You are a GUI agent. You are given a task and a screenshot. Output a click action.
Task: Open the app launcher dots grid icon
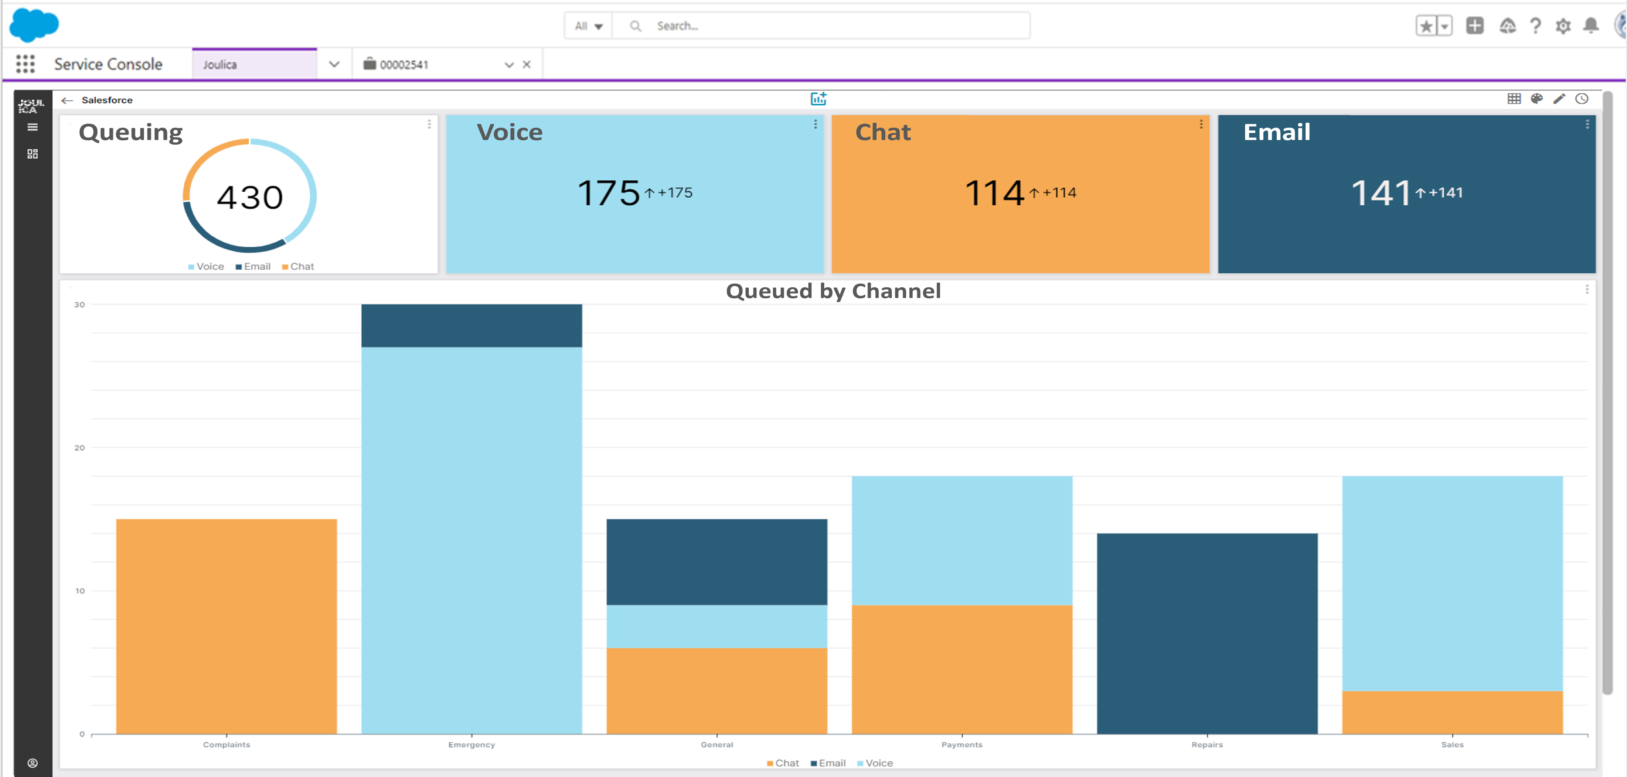click(25, 64)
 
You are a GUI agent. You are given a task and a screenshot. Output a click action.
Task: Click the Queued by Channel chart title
click(833, 291)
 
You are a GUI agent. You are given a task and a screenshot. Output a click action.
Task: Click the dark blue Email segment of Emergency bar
click(471, 326)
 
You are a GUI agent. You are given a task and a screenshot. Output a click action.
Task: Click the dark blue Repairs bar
click(1206, 633)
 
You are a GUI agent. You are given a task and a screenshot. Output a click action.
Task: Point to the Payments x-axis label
click(961, 745)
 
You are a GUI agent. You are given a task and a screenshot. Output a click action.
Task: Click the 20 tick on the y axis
click(79, 448)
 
